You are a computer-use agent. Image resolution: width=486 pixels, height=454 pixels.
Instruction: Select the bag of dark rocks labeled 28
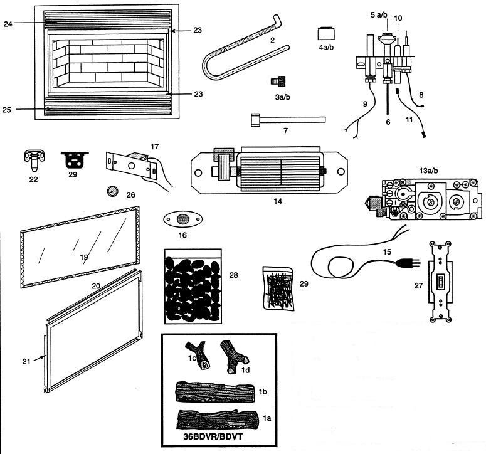tap(194, 286)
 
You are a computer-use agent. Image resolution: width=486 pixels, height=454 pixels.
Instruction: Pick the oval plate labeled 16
tap(182, 219)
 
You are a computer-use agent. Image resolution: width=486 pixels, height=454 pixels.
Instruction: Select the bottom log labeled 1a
tap(216, 420)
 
